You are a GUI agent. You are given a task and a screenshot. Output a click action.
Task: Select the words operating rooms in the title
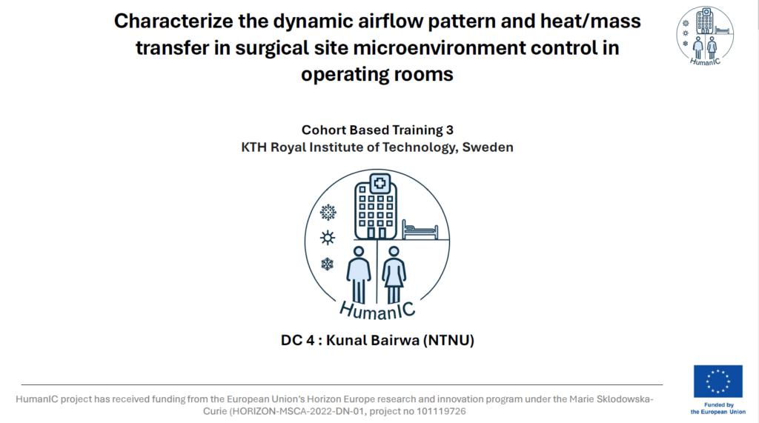click(x=377, y=75)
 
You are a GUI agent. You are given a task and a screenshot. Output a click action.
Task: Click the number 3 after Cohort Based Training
click(x=450, y=130)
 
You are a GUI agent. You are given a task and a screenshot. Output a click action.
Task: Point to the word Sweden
click(x=488, y=147)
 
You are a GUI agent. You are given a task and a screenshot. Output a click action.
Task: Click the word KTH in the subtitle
click(x=253, y=147)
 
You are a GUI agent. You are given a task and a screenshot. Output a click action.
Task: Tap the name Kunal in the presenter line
click(x=347, y=340)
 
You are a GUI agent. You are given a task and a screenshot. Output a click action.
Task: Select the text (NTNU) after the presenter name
click(x=448, y=340)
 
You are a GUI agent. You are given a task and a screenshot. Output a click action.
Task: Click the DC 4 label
click(x=298, y=340)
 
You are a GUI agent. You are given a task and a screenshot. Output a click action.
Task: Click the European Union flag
click(x=717, y=382)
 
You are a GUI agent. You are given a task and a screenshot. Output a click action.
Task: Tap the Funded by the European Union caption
click(x=718, y=408)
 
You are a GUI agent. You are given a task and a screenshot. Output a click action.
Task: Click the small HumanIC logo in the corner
click(x=705, y=36)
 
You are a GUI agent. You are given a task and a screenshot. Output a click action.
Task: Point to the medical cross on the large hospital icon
click(x=380, y=184)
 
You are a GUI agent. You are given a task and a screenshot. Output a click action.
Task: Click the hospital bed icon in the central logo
click(x=420, y=230)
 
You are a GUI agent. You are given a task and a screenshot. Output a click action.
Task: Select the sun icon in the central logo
click(x=328, y=238)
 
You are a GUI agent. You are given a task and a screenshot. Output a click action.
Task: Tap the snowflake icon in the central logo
click(x=328, y=264)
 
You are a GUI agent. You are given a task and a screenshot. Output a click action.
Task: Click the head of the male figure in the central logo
click(x=359, y=252)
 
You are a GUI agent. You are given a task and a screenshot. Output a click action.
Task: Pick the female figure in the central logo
click(x=394, y=275)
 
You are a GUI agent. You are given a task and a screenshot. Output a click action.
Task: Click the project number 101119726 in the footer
click(x=442, y=411)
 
